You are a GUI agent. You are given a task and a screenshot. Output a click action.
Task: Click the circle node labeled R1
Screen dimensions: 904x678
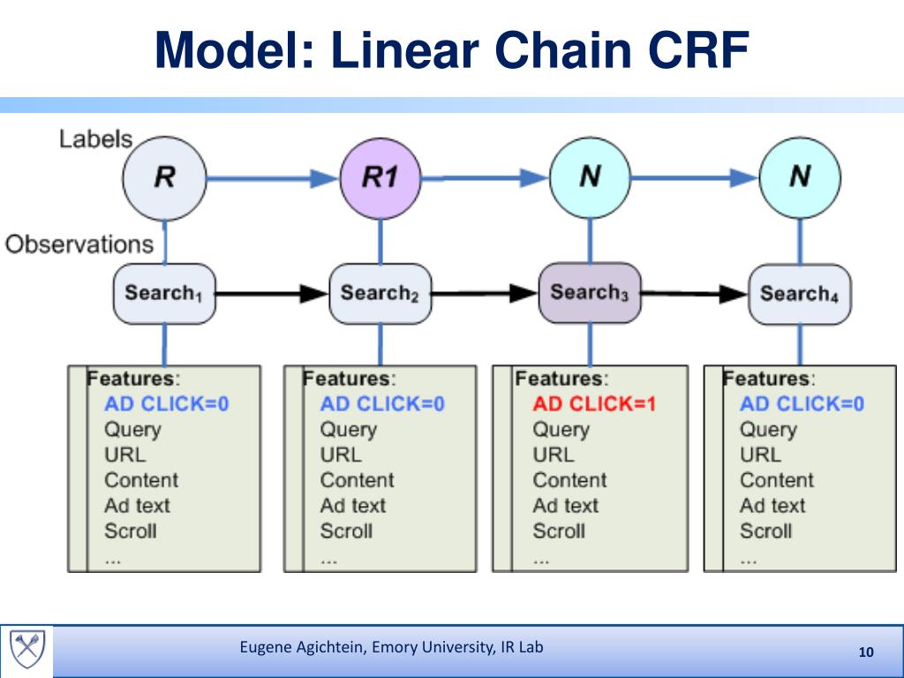(x=380, y=178)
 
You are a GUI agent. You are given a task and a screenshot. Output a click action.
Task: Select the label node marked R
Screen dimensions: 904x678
(x=164, y=178)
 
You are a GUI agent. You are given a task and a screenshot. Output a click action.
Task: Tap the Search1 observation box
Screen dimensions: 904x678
(x=164, y=293)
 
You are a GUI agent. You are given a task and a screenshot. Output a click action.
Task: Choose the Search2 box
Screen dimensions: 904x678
(x=380, y=293)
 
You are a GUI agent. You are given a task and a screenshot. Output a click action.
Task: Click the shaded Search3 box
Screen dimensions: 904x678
(x=590, y=293)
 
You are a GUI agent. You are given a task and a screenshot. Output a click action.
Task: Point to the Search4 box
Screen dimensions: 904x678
(x=800, y=294)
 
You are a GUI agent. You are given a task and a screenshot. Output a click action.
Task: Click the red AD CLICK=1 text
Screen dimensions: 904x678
(x=594, y=403)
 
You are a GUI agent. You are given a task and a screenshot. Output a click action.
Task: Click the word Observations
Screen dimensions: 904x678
(x=79, y=245)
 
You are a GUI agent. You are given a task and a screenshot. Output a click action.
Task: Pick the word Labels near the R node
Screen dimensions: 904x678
(x=95, y=139)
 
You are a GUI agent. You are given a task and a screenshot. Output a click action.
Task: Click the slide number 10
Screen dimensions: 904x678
(x=866, y=652)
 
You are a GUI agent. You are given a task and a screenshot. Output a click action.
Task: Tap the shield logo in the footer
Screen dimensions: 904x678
(x=27, y=649)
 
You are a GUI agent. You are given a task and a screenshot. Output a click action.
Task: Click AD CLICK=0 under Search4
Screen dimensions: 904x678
(x=802, y=403)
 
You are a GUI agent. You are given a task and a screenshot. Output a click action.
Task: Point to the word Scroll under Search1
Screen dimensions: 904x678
(x=131, y=531)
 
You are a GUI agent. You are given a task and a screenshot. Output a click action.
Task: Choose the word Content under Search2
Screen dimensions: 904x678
(x=357, y=479)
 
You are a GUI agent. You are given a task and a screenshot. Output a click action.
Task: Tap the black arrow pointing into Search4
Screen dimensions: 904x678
(x=695, y=293)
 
